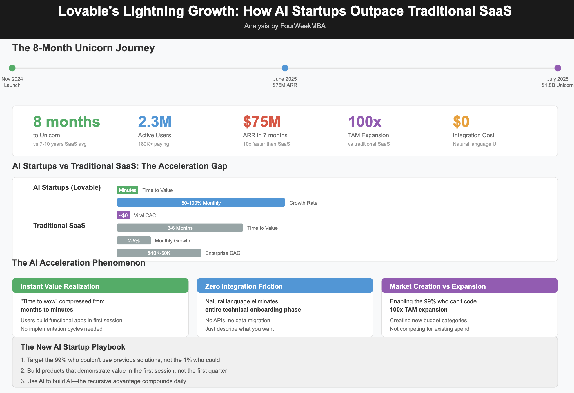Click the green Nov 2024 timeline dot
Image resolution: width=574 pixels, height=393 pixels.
pyautogui.click(x=12, y=68)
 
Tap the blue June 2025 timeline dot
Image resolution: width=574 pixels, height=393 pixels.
pyautogui.click(x=285, y=68)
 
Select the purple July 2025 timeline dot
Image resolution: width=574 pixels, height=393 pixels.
pyautogui.click(x=557, y=68)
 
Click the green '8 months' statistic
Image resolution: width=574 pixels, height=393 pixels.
pyautogui.click(x=66, y=122)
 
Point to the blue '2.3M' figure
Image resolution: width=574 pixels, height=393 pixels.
pyautogui.click(x=155, y=122)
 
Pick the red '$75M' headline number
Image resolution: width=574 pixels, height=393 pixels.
pyautogui.click(x=262, y=122)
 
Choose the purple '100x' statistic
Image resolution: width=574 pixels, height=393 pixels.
pyautogui.click(x=365, y=122)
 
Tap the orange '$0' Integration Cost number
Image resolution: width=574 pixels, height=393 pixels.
pyautogui.click(x=461, y=122)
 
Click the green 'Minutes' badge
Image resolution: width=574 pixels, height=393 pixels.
pyautogui.click(x=128, y=190)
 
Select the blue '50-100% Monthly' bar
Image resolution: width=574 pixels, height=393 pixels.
pyautogui.click(x=201, y=203)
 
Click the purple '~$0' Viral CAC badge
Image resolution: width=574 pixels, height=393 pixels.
pyautogui.click(x=123, y=215)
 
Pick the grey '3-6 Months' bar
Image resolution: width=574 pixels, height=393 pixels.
pyautogui.click(x=180, y=228)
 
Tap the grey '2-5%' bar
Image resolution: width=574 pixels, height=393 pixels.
pyautogui.click(x=134, y=240)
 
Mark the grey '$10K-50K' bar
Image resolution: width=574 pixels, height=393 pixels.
pyautogui.click(x=159, y=253)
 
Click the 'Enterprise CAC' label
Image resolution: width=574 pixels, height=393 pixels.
pyautogui.click(x=223, y=253)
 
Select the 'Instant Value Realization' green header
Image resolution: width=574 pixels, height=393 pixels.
pyautogui.click(x=100, y=286)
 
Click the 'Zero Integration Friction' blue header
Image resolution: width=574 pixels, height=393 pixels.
pyautogui.click(x=285, y=286)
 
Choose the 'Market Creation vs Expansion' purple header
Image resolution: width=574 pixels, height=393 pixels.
pyautogui.click(x=469, y=286)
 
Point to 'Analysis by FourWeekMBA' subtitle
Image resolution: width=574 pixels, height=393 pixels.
pyautogui.click(x=285, y=26)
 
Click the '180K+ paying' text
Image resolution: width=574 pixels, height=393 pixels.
pyautogui.click(x=153, y=144)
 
